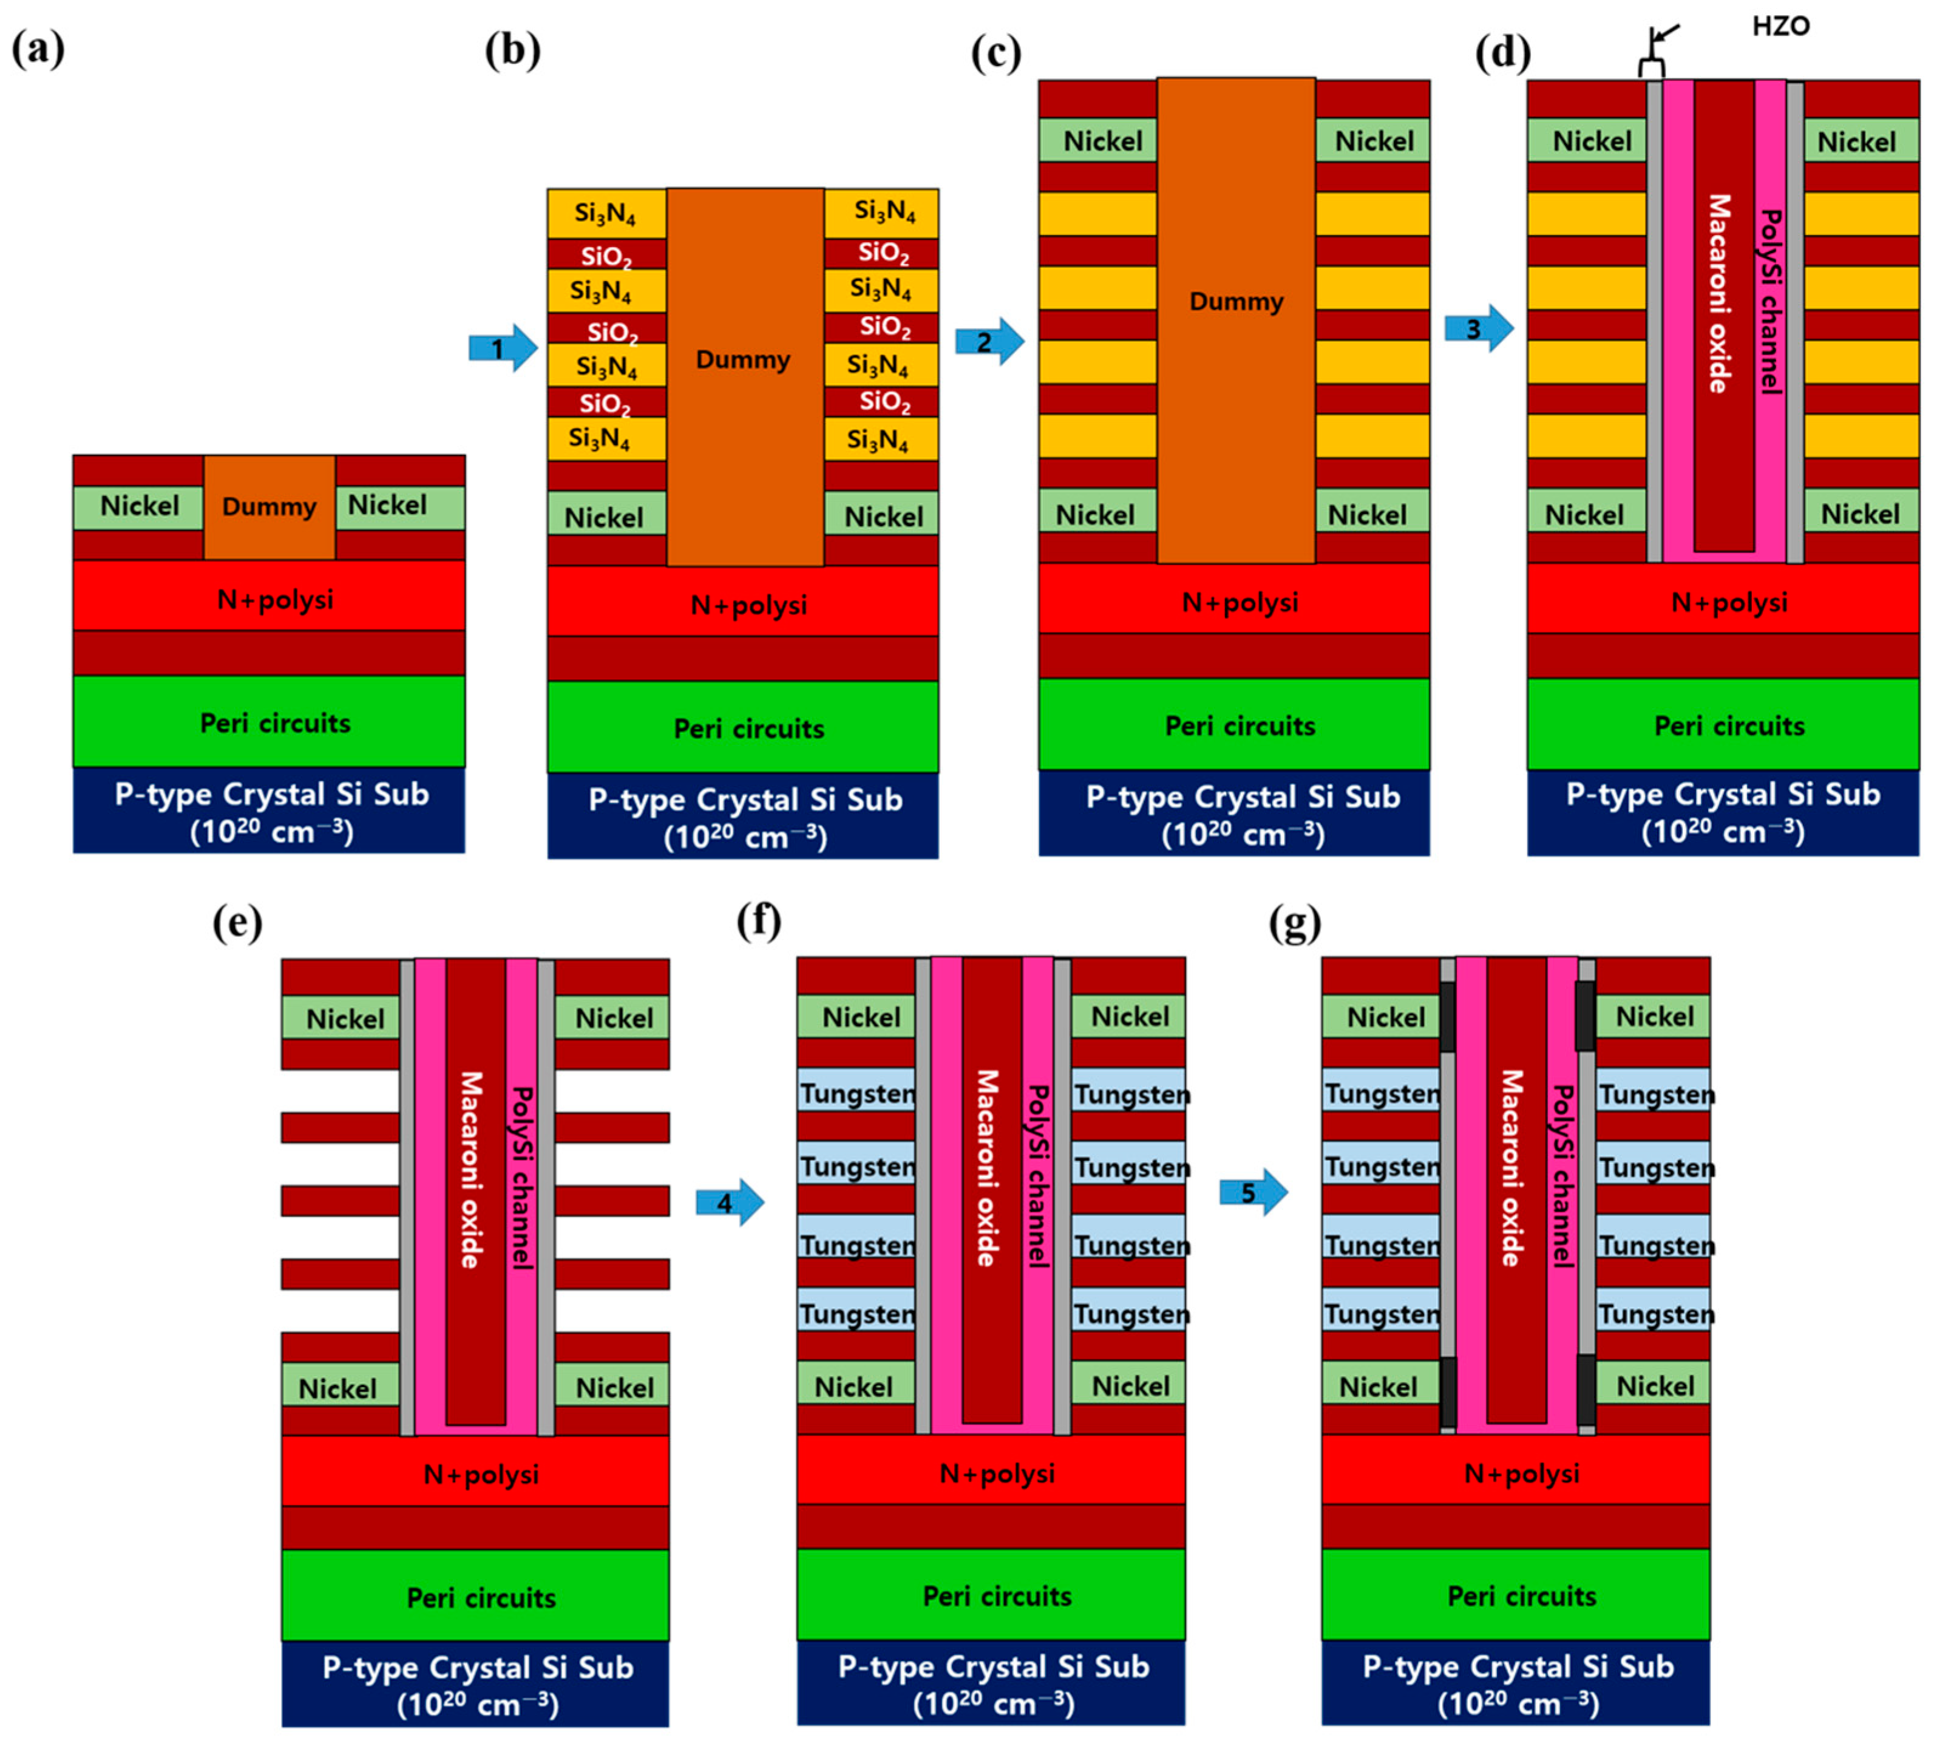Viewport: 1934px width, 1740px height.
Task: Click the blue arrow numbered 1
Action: click(x=503, y=348)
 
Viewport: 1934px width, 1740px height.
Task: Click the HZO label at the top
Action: click(x=1780, y=26)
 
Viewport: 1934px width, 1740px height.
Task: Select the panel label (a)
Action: click(x=38, y=48)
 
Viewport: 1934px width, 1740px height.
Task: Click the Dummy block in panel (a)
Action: click(x=269, y=507)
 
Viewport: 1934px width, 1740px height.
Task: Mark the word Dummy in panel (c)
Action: click(x=1235, y=302)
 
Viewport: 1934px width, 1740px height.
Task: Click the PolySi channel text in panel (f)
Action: click(x=1037, y=1176)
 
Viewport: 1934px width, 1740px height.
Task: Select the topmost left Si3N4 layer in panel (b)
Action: click(x=605, y=213)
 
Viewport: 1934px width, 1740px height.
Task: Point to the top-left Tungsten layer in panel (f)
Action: click(x=857, y=1093)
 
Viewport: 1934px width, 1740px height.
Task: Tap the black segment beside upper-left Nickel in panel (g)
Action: click(x=1447, y=1016)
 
